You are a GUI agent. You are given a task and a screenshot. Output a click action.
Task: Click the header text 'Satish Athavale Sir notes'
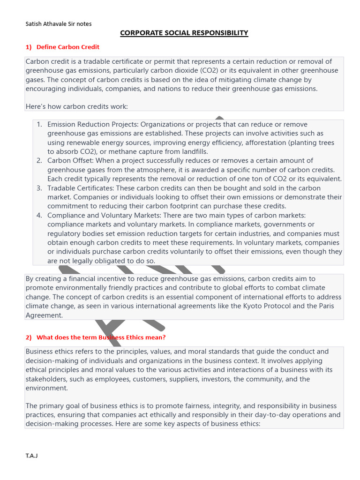click(59, 24)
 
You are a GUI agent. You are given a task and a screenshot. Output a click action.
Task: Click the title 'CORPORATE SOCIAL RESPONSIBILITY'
click(184, 33)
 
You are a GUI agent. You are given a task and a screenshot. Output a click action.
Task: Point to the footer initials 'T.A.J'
click(31, 456)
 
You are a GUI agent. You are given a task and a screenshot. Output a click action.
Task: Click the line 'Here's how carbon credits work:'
click(77, 106)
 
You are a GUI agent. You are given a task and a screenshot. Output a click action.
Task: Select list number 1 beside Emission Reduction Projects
click(40, 124)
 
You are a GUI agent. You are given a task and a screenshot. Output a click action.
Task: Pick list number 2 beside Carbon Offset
click(40, 161)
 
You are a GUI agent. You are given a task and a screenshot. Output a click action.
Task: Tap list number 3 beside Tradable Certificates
click(40, 188)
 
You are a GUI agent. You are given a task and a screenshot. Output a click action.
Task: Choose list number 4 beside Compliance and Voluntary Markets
click(40, 215)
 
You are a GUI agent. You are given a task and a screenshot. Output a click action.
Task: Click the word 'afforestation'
click(266, 142)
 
